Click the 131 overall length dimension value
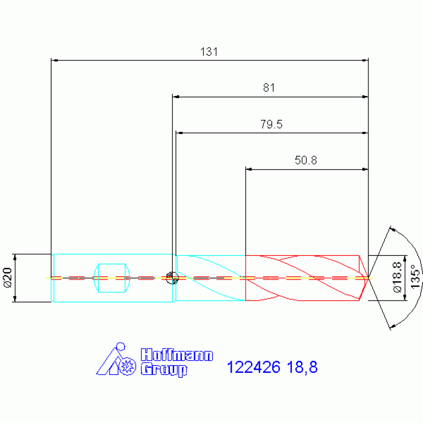[x=209, y=51]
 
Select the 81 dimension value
[x=269, y=88]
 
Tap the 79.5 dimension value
[x=271, y=124]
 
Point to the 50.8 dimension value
[x=306, y=160]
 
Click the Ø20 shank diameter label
[x=7, y=277]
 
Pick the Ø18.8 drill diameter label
[x=398, y=277]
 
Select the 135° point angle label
[x=415, y=276]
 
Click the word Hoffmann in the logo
[x=177, y=355]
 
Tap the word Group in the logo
[x=164, y=370]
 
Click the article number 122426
[x=254, y=367]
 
